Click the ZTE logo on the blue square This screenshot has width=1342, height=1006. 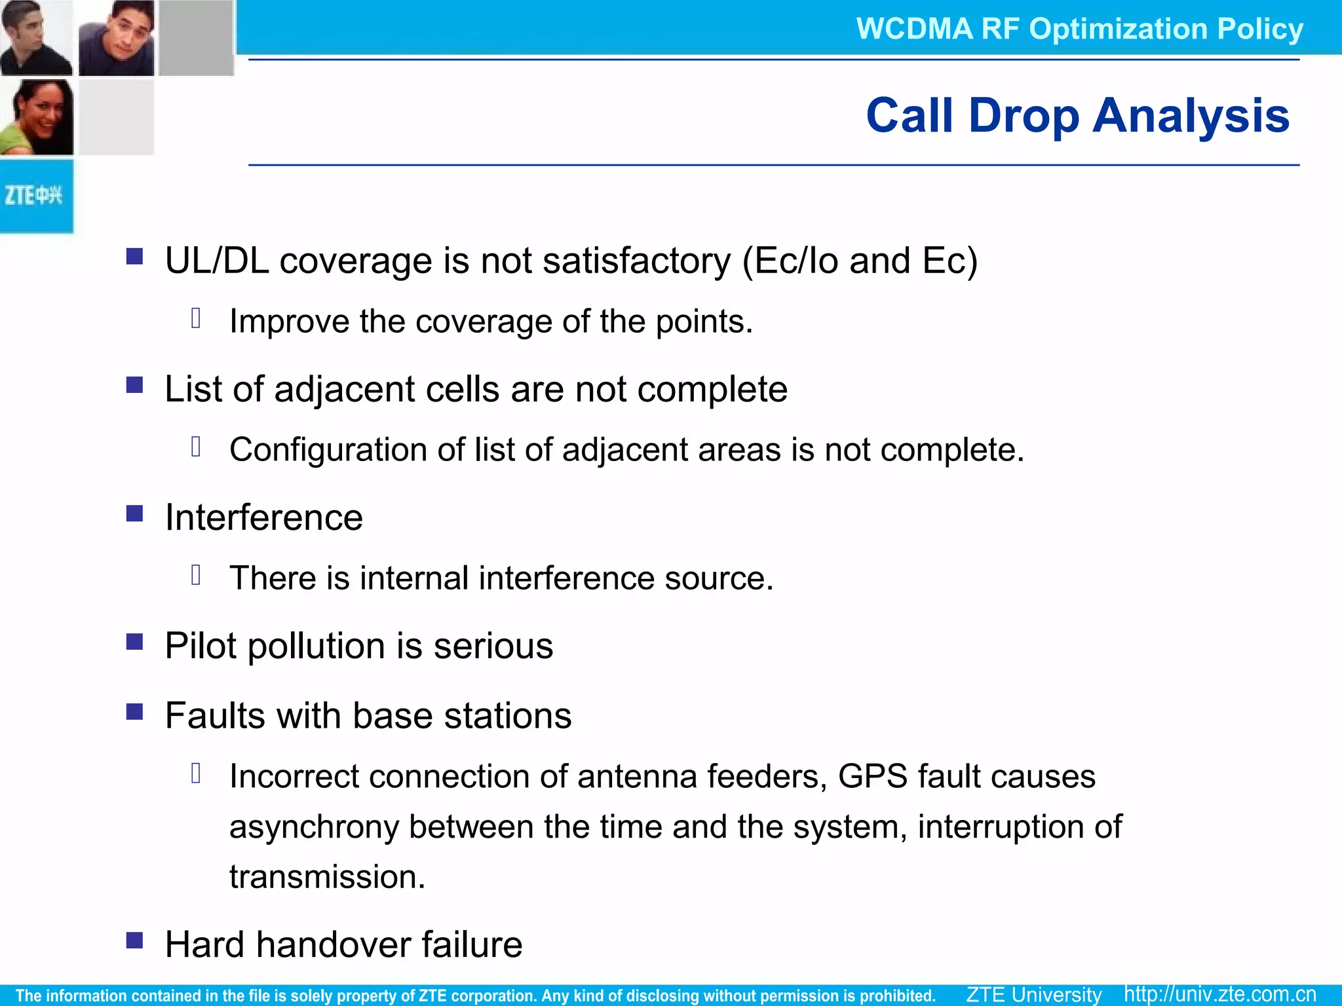34,195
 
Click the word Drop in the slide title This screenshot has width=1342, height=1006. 1023,117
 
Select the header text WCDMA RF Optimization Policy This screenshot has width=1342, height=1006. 1079,29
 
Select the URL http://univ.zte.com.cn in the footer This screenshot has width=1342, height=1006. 1219,994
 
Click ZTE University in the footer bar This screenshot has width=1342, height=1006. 1033,994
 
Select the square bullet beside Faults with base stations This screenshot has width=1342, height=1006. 135,711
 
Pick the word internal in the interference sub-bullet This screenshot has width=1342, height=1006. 413,578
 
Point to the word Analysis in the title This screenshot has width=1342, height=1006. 1191,115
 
